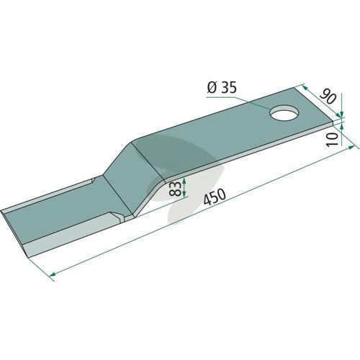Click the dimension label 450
(x=215, y=197)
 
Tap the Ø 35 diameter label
(x=222, y=88)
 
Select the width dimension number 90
(x=328, y=96)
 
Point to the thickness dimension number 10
(x=333, y=140)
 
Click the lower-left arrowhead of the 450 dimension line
(x=53, y=274)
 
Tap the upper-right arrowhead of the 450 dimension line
(x=351, y=147)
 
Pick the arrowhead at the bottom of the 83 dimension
(x=184, y=194)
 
